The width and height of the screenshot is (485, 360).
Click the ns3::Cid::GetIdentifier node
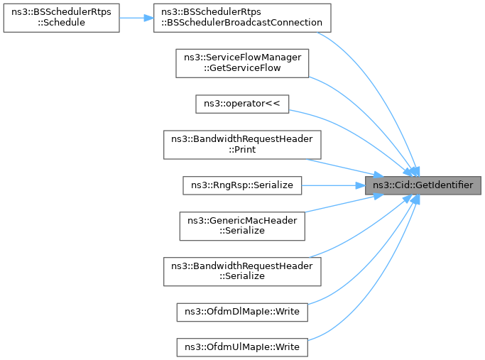pyautogui.click(x=423, y=185)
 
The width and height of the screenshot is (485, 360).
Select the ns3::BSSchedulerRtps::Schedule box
pyautogui.click(x=60, y=17)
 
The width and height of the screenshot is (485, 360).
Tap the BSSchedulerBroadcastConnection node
pyautogui.click(x=244, y=17)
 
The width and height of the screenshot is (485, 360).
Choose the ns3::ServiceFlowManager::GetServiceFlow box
pyautogui.click(x=242, y=62)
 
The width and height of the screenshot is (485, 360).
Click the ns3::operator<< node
pyautogui.click(x=242, y=103)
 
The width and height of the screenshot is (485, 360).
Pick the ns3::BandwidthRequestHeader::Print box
pyautogui.click(x=242, y=144)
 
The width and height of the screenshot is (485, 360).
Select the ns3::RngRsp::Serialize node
pyautogui.click(x=242, y=185)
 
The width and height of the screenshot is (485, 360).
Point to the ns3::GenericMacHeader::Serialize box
pyautogui.click(x=242, y=226)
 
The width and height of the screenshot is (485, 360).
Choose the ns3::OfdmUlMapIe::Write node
pyautogui.click(x=242, y=348)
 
